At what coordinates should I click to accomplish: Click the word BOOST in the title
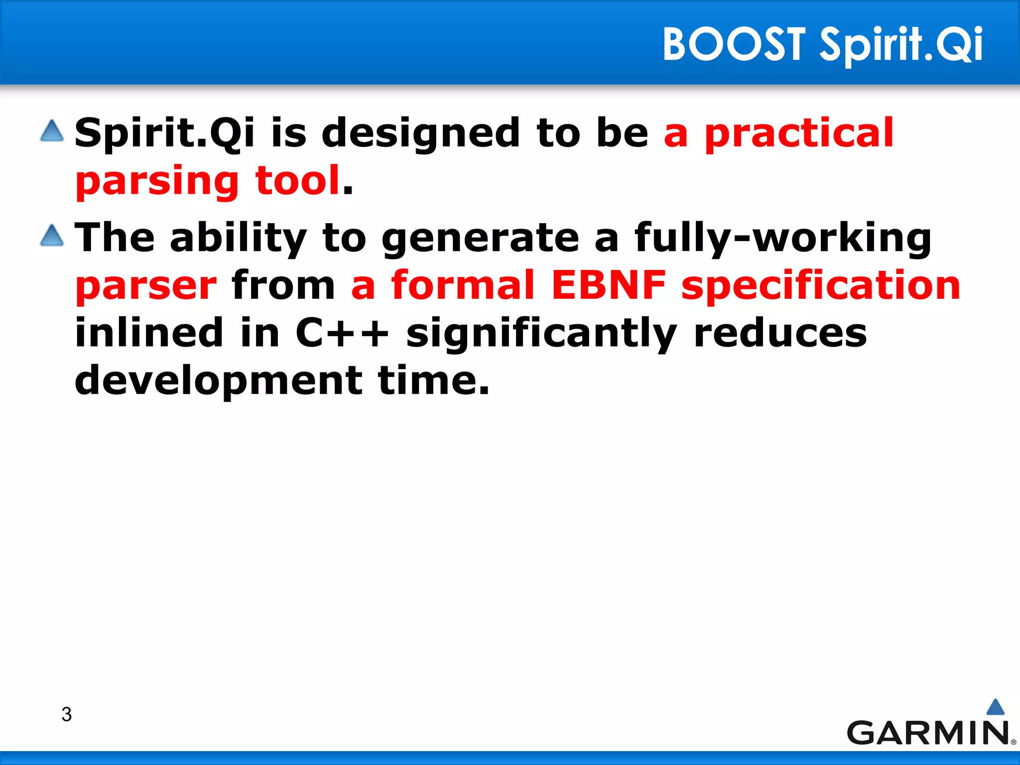point(734,45)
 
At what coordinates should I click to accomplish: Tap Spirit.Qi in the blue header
point(901,45)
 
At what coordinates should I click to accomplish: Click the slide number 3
point(66,714)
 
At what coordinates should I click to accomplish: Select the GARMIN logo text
point(928,733)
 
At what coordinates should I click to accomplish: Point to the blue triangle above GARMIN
point(995,707)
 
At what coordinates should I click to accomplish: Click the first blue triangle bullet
point(52,131)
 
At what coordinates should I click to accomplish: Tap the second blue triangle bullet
point(52,236)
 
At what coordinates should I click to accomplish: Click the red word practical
point(799,133)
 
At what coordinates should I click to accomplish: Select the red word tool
point(297,180)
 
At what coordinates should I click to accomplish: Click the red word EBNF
point(608,285)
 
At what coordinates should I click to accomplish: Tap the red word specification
point(820,285)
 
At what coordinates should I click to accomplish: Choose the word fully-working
point(782,238)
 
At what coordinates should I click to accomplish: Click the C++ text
point(342,333)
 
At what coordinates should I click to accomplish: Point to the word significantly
point(541,333)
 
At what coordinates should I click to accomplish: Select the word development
point(218,381)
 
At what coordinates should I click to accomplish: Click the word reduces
point(780,333)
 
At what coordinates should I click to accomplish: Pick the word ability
point(238,238)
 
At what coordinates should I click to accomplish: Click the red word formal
point(463,285)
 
